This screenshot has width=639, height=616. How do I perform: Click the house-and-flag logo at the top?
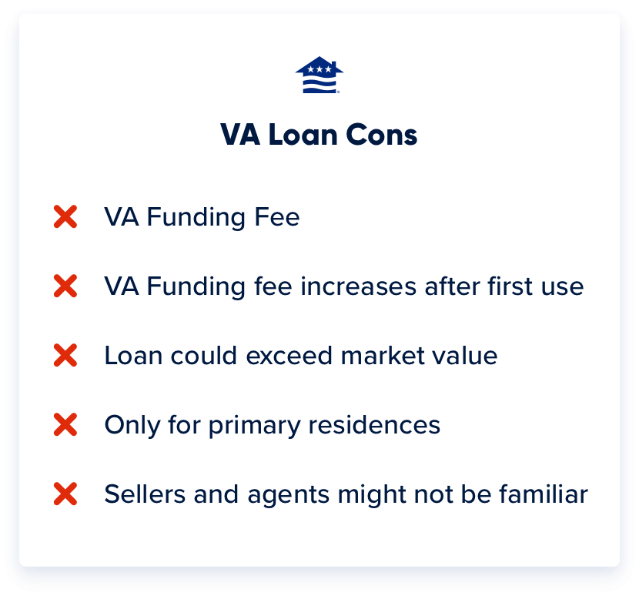(x=319, y=75)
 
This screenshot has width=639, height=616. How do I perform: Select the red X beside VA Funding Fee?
(x=65, y=217)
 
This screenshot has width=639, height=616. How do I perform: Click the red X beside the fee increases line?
(x=65, y=286)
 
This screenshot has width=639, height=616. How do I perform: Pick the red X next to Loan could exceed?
(x=65, y=356)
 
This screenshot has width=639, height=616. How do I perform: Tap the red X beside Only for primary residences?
(x=65, y=425)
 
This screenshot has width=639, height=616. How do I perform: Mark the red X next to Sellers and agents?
(x=65, y=494)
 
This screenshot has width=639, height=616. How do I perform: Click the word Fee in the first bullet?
(x=276, y=217)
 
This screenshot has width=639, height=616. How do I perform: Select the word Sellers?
(x=137, y=494)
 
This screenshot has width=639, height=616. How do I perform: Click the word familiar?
(x=543, y=494)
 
